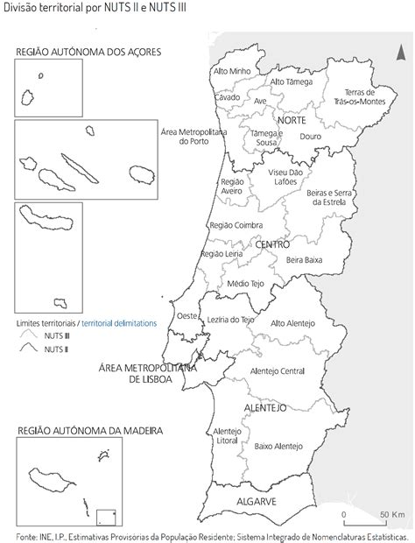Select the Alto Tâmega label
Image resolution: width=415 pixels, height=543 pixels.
coord(291,81)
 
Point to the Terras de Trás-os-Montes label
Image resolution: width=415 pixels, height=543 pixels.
coord(360,97)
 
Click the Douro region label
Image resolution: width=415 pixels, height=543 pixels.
coord(310,137)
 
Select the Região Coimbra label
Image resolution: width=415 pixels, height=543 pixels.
coord(232,225)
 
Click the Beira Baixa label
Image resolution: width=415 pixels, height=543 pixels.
coord(305,260)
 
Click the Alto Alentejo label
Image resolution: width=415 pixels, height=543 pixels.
coord(292,323)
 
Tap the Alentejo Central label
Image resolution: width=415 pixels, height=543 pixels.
coord(278,371)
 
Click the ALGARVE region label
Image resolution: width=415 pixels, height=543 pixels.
coord(257,502)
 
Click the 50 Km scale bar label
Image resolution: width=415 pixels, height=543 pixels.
coord(390,514)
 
